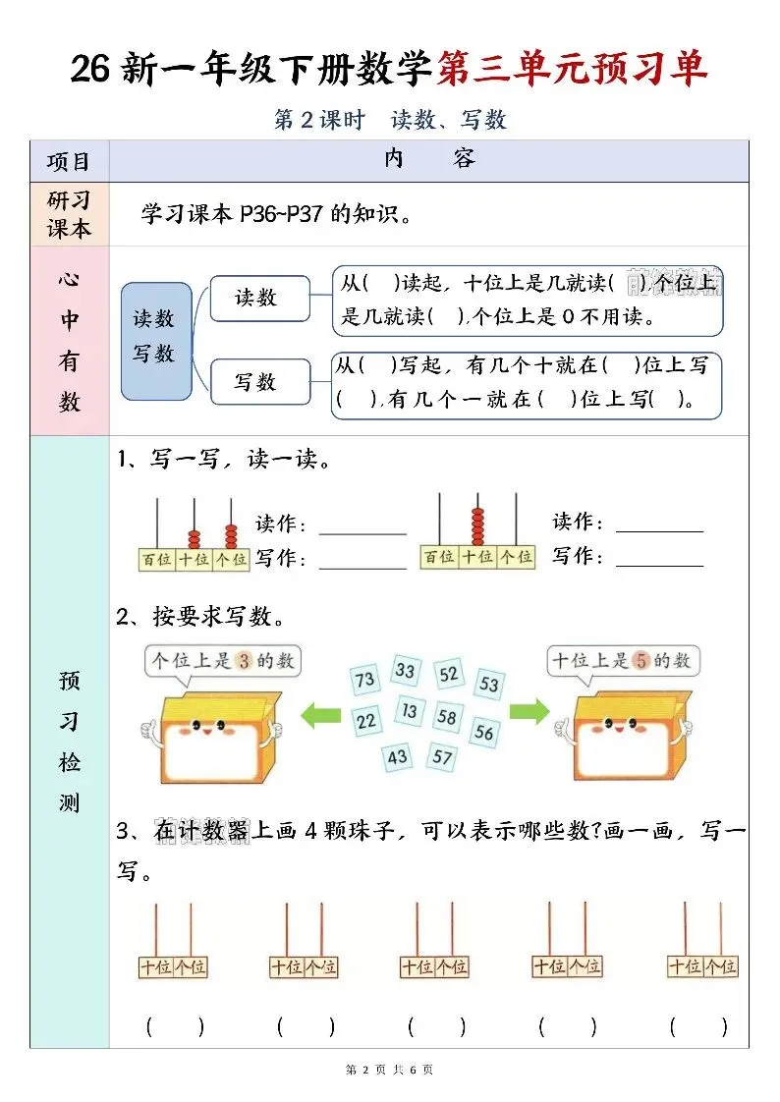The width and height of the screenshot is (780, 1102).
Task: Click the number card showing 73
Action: tap(365, 680)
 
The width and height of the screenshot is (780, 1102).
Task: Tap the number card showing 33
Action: tap(405, 671)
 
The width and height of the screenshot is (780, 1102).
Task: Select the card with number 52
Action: tap(449, 674)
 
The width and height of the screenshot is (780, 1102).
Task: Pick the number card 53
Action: tap(489, 685)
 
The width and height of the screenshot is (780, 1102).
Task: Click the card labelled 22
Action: tap(366, 722)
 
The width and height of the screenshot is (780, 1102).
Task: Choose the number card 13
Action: tap(410, 711)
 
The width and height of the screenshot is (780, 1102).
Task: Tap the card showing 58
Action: tap(447, 717)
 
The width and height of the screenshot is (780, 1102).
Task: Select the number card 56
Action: tap(483, 732)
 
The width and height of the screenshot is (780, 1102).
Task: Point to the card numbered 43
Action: tap(397, 757)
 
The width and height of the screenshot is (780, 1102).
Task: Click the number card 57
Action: tap(443, 757)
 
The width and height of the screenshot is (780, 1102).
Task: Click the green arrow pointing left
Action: tap(319, 713)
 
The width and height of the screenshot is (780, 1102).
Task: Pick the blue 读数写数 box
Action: tap(154, 340)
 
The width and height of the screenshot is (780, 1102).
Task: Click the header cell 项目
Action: tap(69, 161)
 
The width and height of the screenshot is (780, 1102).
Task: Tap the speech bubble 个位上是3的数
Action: tap(223, 662)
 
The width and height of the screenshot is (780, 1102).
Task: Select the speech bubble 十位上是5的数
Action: tap(622, 661)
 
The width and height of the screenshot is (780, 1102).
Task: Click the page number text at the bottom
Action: tap(390, 1070)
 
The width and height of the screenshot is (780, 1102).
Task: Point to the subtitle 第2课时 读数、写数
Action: tap(390, 120)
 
